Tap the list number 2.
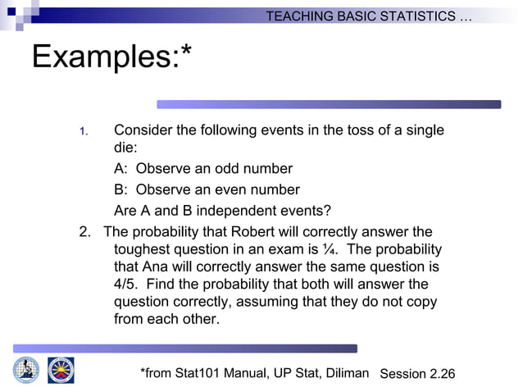tap(84, 231)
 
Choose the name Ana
tap(155, 267)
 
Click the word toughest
tap(142, 249)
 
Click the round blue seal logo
tap(26, 370)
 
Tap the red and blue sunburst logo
tap(60, 370)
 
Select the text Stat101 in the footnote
tap(202, 374)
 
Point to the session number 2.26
tap(441, 374)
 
